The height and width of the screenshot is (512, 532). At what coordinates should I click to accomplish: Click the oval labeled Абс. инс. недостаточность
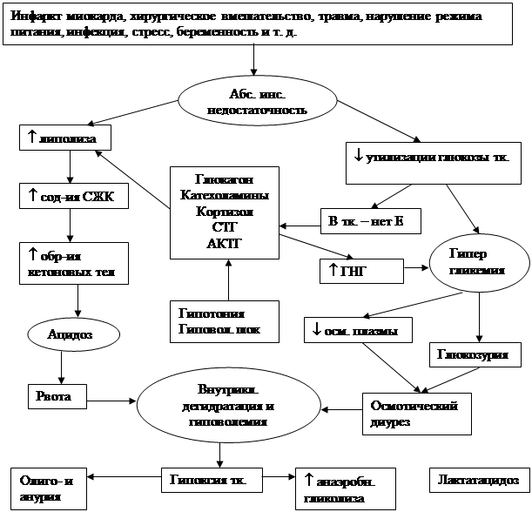click(x=258, y=103)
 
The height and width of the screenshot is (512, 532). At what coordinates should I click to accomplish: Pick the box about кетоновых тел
click(x=74, y=262)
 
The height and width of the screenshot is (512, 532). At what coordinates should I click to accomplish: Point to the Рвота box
click(x=59, y=397)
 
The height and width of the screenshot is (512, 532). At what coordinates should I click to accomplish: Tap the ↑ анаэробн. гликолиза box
click(x=347, y=488)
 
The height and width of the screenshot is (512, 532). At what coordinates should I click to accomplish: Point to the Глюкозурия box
click(x=475, y=355)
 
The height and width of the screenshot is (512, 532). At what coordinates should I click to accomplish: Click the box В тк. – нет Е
click(x=370, y=221)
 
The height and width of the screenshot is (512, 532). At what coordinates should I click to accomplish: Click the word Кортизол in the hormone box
click(x=225, y=212)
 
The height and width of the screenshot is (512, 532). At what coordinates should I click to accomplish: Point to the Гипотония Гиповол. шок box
click(x=223, y=321)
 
